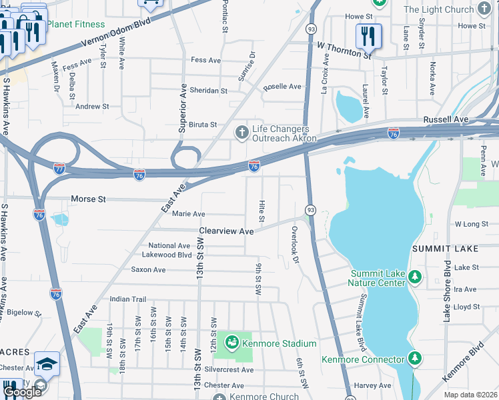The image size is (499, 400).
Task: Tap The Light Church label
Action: click(439, 9)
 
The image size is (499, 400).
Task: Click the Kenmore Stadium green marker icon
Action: click(231, 343)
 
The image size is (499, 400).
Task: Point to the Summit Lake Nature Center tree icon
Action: click(415, 275)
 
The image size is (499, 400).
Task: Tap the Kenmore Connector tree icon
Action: click(415, 359)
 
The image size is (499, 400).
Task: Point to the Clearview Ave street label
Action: click(227, 231)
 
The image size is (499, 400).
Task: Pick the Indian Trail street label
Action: click(127, 299)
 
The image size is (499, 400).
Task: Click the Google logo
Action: click(22, 391)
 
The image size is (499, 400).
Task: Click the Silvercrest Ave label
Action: click(229, 369)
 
